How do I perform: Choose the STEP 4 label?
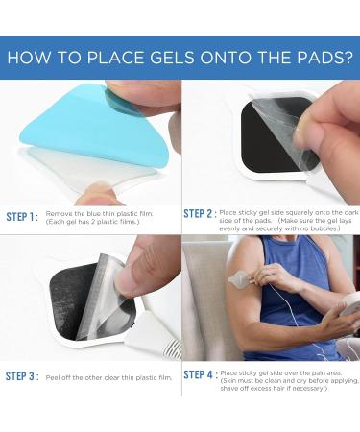point(199,374)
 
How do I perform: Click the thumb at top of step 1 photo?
point(144,93)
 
